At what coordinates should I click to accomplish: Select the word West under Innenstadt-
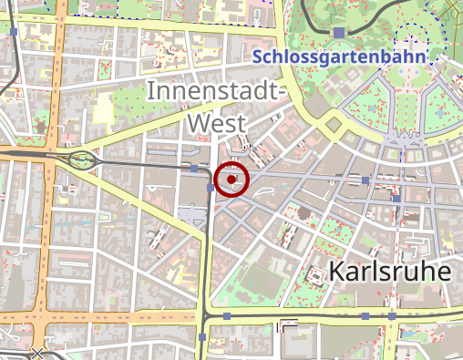click(x=217, y=120)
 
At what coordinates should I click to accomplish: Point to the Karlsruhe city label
click(x=390, y=272)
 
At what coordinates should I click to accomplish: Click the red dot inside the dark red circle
click(x=232, y=179)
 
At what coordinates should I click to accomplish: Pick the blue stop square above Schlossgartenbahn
click(x=339, y=33)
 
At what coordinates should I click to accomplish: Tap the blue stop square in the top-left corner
click(x=15, y=32)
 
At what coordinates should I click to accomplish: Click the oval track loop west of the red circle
click(x=83, y=161)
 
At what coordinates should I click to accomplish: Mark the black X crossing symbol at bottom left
click(x=37, y=352)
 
